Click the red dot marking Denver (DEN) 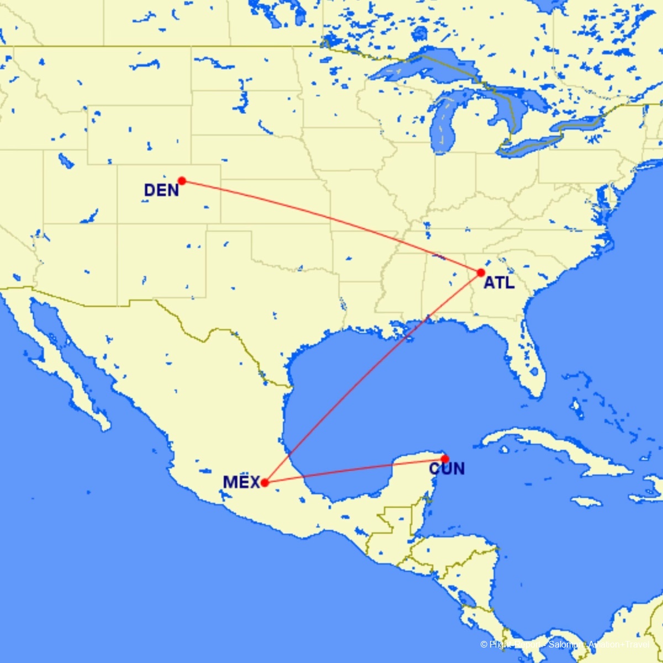coord(182,181)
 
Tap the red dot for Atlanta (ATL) coord(481,272)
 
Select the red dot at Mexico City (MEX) coord(265,482)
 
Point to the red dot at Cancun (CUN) coord(445,459)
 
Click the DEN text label coord(161,191)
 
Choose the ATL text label coord(499,283)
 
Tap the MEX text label coord(241,482)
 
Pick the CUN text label coord(447,469)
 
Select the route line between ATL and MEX coord(373,377)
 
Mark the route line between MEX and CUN coord(354,471)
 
